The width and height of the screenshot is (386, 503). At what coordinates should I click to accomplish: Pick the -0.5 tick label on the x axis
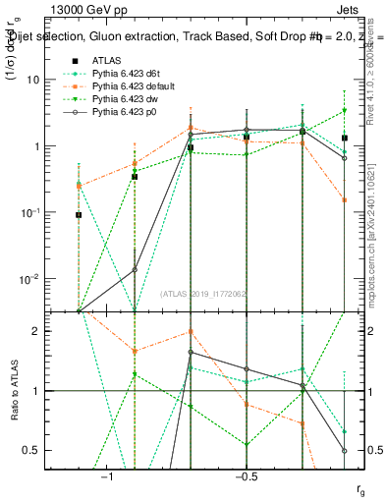[x=246, y=475]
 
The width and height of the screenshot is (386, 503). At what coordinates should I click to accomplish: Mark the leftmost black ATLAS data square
[x=79, y=214]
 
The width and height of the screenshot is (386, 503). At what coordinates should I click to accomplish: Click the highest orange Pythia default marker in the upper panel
[x=191, y=128]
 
